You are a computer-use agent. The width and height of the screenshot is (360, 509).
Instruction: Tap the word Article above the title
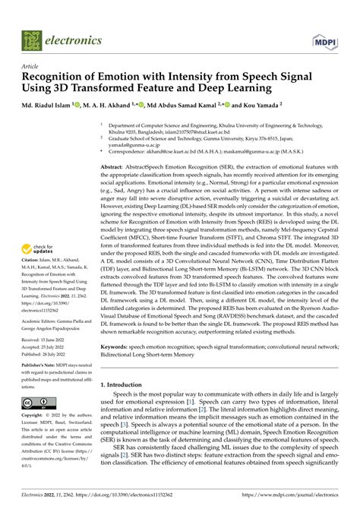[33, 67]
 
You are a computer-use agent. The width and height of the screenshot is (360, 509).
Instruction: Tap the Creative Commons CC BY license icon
[36, 403]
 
